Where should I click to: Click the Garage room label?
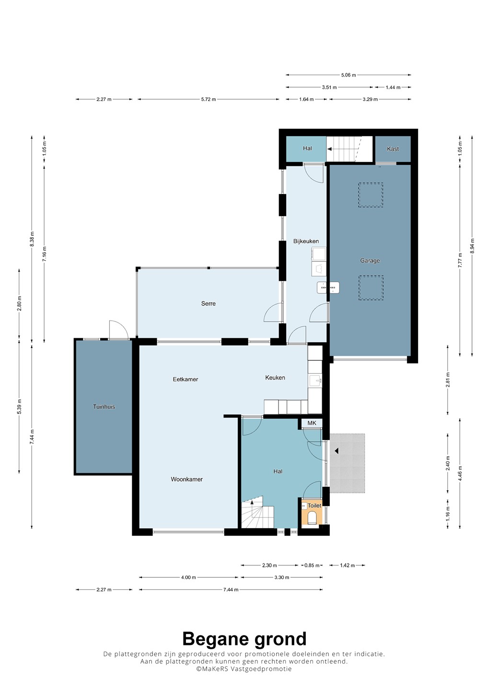[370, 261]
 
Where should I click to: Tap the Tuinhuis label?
[104, 407]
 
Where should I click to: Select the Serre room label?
[208, 303]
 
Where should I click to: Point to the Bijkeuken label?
[306, 241]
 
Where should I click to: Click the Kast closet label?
[393, 149]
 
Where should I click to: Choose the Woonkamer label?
[186, 479]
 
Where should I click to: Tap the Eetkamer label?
[185, 379]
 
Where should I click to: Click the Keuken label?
[275, 378]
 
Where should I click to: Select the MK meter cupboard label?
[312, 423]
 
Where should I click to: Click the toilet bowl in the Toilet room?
[312, 517]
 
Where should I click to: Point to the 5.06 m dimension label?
[348, 75]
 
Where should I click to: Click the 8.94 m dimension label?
[472, 246]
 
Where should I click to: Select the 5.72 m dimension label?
[208, 99]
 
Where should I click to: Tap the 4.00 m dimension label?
[188, 577]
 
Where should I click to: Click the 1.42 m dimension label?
[347, 565]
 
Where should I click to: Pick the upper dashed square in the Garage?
[370, 195]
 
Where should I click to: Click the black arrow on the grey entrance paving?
[337, 451]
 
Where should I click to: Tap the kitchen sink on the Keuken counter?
[315, 381]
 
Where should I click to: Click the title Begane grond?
[244, 639]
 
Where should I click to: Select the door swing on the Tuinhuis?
[118, 330]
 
